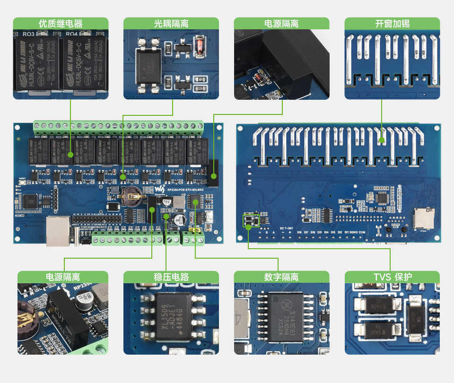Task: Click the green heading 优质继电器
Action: coord(61,24)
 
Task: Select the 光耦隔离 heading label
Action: coord(171,24)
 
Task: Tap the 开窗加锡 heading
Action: coord(392,24)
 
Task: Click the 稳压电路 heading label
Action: coord(171,277)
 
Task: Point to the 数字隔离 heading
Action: coord(281,277)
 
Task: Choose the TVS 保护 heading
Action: coord(392,277)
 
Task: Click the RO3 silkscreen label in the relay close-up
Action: coord(28,34)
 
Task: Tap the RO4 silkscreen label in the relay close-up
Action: coord(71,34)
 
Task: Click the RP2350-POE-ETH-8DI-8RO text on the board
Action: coord(185,190)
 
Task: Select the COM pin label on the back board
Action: coord(362,232)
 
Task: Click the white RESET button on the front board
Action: coord(22,183)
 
